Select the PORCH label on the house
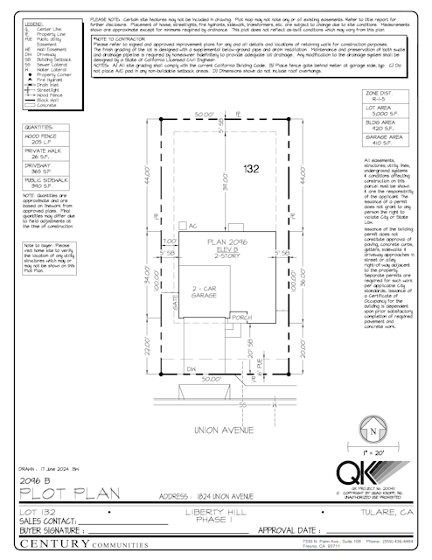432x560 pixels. [240, 318]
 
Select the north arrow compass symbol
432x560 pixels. [373, 432]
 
